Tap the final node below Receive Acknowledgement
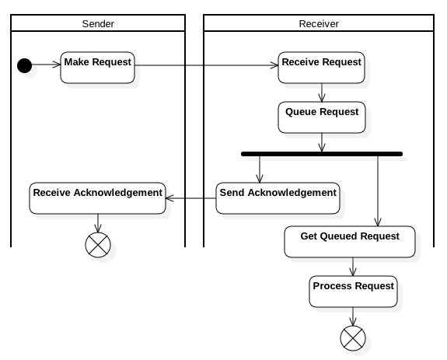97,245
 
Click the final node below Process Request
353,337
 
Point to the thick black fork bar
321,154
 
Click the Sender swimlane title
97,23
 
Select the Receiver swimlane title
318,23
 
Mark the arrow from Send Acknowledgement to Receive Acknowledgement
190,197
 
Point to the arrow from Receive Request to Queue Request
321,92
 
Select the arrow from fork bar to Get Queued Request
378,190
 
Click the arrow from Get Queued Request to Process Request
353,267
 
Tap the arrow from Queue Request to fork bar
321,142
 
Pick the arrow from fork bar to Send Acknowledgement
260,169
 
